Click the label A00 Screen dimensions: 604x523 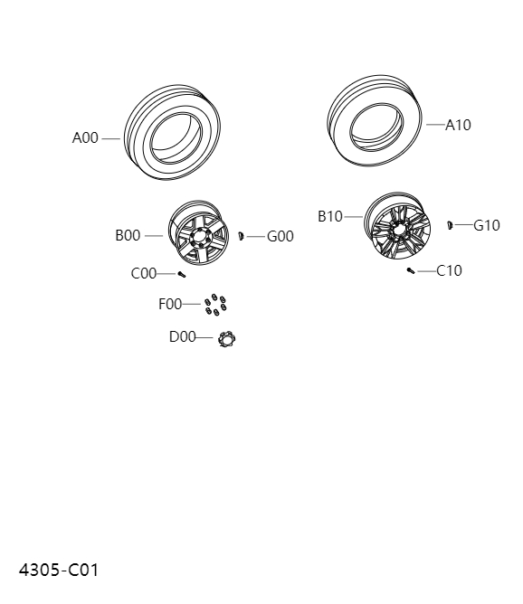coord(85,138)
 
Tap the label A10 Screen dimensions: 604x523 coord(458,125)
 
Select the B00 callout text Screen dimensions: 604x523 coord(128,236)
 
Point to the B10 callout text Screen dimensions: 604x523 coord(330,217)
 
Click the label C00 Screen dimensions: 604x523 coord(144,273)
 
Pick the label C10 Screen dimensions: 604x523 coord(449,270)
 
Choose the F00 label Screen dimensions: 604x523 coord(170,305)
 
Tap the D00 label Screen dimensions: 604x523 coord(182,337)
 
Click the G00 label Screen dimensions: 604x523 coord(280,237)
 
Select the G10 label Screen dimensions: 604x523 coord(487,225)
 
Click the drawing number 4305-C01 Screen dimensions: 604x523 coord(59,570)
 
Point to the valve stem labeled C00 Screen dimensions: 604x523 coord(181,274)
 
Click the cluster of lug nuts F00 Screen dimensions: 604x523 coord(214,306)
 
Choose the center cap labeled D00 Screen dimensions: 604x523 coord(226,338)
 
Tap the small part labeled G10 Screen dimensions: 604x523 coord(449,223)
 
